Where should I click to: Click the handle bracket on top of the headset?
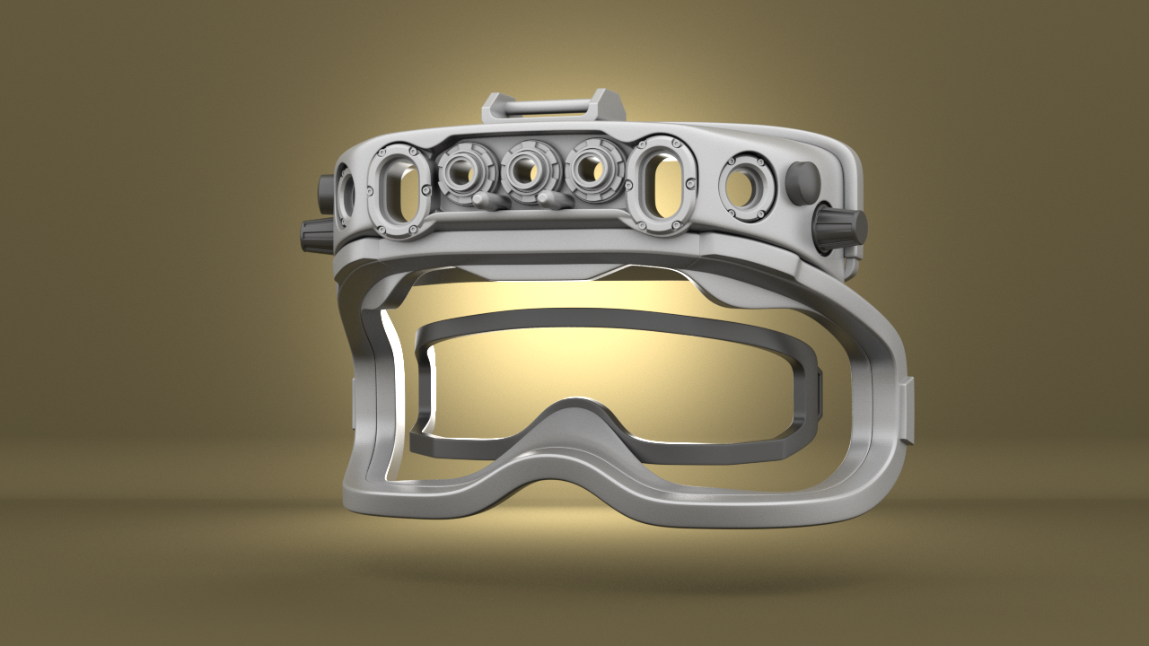553,106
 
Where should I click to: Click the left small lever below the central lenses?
490,201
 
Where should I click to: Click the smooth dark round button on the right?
802,182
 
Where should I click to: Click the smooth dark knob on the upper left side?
326,190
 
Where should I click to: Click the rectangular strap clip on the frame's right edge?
908,411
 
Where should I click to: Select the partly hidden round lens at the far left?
346,195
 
